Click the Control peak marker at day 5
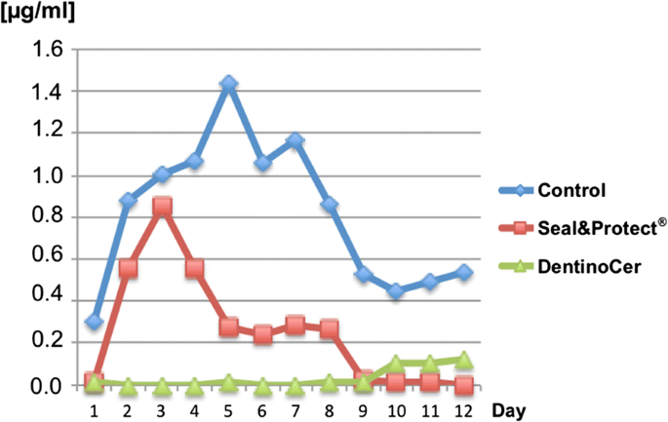[x=228, y=85]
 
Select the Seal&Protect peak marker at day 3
[x=163, y=208]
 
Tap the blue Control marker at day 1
[x=95, y=321]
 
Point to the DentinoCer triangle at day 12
[x=463, y=360]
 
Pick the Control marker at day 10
[x=396, y=291]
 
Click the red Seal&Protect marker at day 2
[x=129, y=268]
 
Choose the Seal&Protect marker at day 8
[x=330, y=329]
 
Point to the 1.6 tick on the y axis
[x=49, y=49]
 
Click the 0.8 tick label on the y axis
[x=49, y=217]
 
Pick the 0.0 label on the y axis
[x=49, y=386]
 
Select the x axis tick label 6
[x=262, y=410]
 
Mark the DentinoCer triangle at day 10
[x=396, y=364]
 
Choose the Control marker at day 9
[x=363, y=274]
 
